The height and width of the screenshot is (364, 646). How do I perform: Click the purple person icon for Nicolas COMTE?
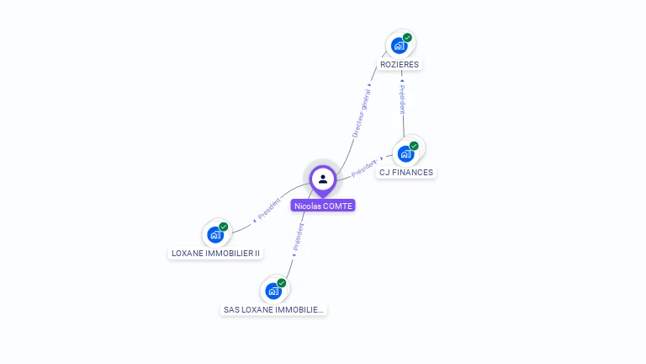(323, 179)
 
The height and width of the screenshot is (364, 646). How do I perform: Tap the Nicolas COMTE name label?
(323, 206)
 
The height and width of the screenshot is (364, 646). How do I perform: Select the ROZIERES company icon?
(399, 45)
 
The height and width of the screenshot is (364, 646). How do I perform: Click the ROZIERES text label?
(400, 65)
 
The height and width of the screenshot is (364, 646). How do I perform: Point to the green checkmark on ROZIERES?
(407, 38)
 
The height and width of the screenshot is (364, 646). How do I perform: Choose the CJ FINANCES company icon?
(405, 153)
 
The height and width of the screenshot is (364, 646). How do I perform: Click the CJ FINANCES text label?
(406, 173)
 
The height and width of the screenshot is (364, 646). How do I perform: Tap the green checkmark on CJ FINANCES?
(414, 146)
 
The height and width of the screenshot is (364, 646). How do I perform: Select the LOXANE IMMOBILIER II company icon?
(215, 234)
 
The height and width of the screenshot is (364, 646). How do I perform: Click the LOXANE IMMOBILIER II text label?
(216, 254)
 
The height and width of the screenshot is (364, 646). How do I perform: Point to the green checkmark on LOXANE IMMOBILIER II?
(224, 227)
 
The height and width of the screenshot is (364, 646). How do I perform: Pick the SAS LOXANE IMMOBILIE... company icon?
(273, 291)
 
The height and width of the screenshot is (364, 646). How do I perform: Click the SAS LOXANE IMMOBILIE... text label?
(273, 310)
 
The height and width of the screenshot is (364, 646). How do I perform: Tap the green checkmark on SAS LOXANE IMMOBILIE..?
(281, 283)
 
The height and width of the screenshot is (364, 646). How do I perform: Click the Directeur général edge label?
(361, 111)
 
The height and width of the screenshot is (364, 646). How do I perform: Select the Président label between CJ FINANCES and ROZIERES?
(403, 99)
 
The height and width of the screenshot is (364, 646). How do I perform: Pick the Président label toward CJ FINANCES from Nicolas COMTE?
(365, 165)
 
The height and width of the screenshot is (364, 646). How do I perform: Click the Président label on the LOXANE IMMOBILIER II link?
(269, 211)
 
